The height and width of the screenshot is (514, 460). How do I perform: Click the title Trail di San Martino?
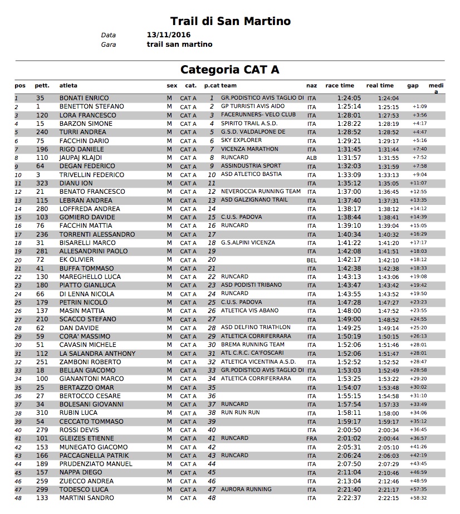[230, 21]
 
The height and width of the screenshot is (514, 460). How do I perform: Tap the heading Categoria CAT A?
[229, 70]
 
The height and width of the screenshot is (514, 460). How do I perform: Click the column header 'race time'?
[340, 86]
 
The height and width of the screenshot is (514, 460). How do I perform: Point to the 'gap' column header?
[413, 86]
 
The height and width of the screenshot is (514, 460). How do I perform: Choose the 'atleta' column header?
[68, 86]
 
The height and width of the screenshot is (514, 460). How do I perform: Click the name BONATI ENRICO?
[84, 98]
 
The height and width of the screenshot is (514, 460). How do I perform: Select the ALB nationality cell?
[311, 158]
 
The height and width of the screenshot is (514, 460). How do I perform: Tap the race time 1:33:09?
[349, 175]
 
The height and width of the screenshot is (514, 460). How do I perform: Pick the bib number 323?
[42, 183]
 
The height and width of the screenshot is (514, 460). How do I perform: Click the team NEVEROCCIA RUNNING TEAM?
[261, 192]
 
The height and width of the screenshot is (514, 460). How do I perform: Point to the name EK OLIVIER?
[77, 260]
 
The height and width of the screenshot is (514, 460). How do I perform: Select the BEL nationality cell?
[311, 260]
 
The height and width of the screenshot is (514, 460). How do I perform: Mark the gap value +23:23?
[419, 302]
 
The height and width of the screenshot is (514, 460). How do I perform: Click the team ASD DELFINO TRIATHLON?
[256, 327]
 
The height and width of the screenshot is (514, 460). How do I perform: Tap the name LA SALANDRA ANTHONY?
[97, 354]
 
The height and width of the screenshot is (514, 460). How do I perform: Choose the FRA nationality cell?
[311, 439]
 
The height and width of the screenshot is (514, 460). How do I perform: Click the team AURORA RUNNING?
[246, 489]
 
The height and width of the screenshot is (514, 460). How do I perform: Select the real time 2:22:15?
[388, 498]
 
